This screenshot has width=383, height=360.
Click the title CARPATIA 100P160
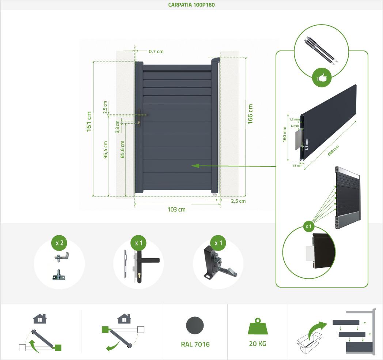tap(191, 5)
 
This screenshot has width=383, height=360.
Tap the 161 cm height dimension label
tap(89, 121)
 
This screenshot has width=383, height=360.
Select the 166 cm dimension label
tap(250, 114)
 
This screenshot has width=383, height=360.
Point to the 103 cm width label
tap(177, 209)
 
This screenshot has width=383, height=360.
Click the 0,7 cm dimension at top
tap(156, 52)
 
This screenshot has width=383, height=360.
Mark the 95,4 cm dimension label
tap(106, 150)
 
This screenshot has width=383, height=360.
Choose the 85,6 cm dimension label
tap(122, 149)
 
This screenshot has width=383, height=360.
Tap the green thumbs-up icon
tap(322, 78)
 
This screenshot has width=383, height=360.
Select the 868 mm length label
tap(333, 151)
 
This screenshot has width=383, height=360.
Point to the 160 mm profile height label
tap(284, 134)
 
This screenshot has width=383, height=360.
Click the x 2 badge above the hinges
tap(59, 243)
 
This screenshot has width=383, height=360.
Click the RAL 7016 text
tap(195, 344)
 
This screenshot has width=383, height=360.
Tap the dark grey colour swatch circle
tap(195, 326)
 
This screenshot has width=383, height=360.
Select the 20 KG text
tap(257, 344)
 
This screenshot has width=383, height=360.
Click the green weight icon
tap(257, 326)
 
